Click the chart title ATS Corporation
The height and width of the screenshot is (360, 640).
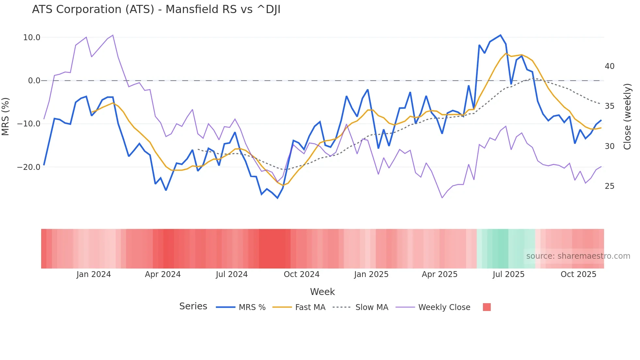click(x=156, y=9)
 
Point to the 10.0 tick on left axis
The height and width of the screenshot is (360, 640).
click(x=32, y=38)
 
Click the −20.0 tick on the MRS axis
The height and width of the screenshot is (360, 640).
click(x=29, y=167)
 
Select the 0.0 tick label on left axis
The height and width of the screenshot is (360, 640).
click(x=34, y=81)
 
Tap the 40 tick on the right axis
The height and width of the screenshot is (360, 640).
click(x=609, y=66)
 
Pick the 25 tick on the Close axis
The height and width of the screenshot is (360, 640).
click(x=609, y=186)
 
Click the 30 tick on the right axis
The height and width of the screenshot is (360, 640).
click(x=609, y=146)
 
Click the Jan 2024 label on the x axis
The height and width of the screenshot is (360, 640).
click(x=94, y=274)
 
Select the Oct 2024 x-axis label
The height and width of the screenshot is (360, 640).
click(x=301, y=274)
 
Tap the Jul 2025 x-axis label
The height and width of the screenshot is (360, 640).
click(x=508, y=274)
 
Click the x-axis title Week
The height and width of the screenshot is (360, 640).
click(x=322, y=292)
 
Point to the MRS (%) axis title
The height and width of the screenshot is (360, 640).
click(x=6, y=117)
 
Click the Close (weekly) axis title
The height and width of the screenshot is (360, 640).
click(x=627, y=117)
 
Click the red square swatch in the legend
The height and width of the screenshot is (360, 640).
click(x=487, y=307)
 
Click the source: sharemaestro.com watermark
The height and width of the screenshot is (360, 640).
click(x=578, y=256)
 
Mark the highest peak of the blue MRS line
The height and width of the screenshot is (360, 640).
click(x=500, y=35)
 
